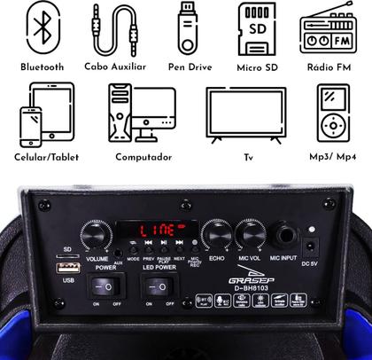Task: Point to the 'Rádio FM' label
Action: click(x=329, y=67)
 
